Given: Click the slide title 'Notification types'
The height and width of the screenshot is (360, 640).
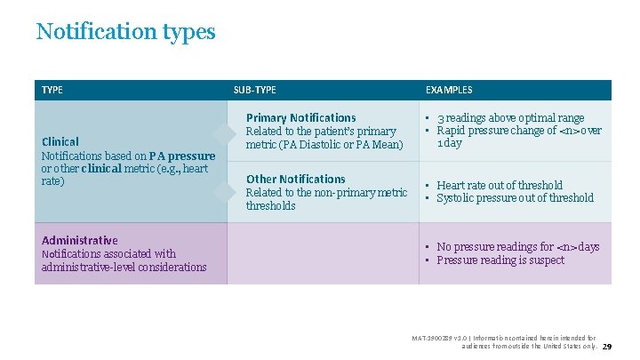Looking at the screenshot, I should click(x=125, y=32).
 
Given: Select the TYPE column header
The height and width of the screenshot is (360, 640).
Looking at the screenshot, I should click(x=52, y=90).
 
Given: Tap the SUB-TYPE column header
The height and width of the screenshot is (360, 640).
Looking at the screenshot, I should click(x=254, y=90).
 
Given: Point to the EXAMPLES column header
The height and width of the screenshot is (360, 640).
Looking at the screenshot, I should click(x=449, y=90).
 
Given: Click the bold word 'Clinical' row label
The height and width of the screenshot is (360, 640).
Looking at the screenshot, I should click(x=60, y=141).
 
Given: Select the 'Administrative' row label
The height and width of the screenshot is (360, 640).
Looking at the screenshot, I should click(x=79, y=240).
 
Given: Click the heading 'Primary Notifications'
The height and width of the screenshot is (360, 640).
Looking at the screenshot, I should click(x=300, y=117).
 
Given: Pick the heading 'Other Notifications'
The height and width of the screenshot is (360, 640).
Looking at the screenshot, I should click(x=295, y=179).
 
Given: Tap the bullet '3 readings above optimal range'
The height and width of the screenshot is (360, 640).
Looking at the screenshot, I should click(x=510, y=117).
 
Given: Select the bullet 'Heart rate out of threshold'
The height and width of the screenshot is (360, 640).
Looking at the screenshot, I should click(x=500, y=185).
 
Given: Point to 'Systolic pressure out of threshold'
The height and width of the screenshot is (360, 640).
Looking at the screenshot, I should click(x=515, y=198).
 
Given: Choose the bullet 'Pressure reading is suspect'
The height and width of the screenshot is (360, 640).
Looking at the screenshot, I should click(x=500, y=260).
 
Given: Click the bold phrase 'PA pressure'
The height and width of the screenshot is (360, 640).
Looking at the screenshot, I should click(x=182, y=156).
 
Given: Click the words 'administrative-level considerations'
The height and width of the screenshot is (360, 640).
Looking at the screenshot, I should click(x=124, y=267).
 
